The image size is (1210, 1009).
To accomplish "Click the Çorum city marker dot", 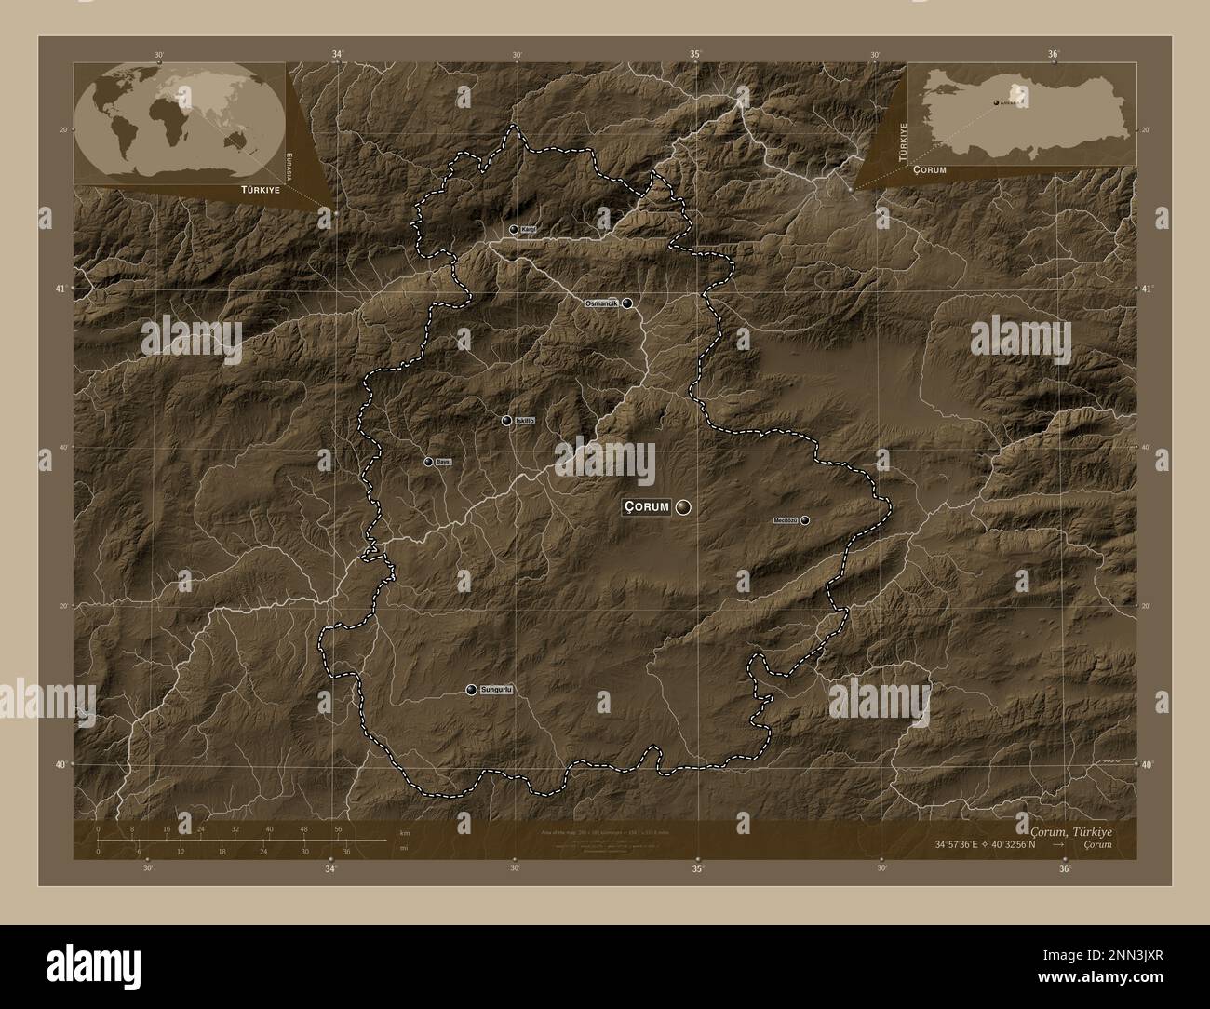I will (685, 506).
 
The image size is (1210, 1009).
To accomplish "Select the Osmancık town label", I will (601, 303).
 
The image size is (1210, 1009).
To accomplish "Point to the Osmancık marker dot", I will (628, 303).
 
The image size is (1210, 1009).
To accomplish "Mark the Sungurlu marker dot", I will (472, 690).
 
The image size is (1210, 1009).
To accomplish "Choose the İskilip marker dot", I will (506, 421).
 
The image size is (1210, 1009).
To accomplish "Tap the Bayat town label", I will (443, 462).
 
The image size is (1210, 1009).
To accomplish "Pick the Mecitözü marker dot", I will (805, 520).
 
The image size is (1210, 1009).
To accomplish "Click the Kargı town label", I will (529, 229).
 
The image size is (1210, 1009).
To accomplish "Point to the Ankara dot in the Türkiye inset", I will (996, 102).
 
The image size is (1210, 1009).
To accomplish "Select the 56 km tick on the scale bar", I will (338, 828).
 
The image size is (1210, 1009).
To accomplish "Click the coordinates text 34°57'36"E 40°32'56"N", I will (992, 844).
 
